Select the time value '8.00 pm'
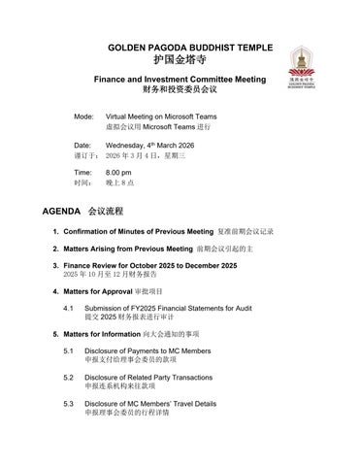point(118,172)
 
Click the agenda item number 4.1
point(70,308)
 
